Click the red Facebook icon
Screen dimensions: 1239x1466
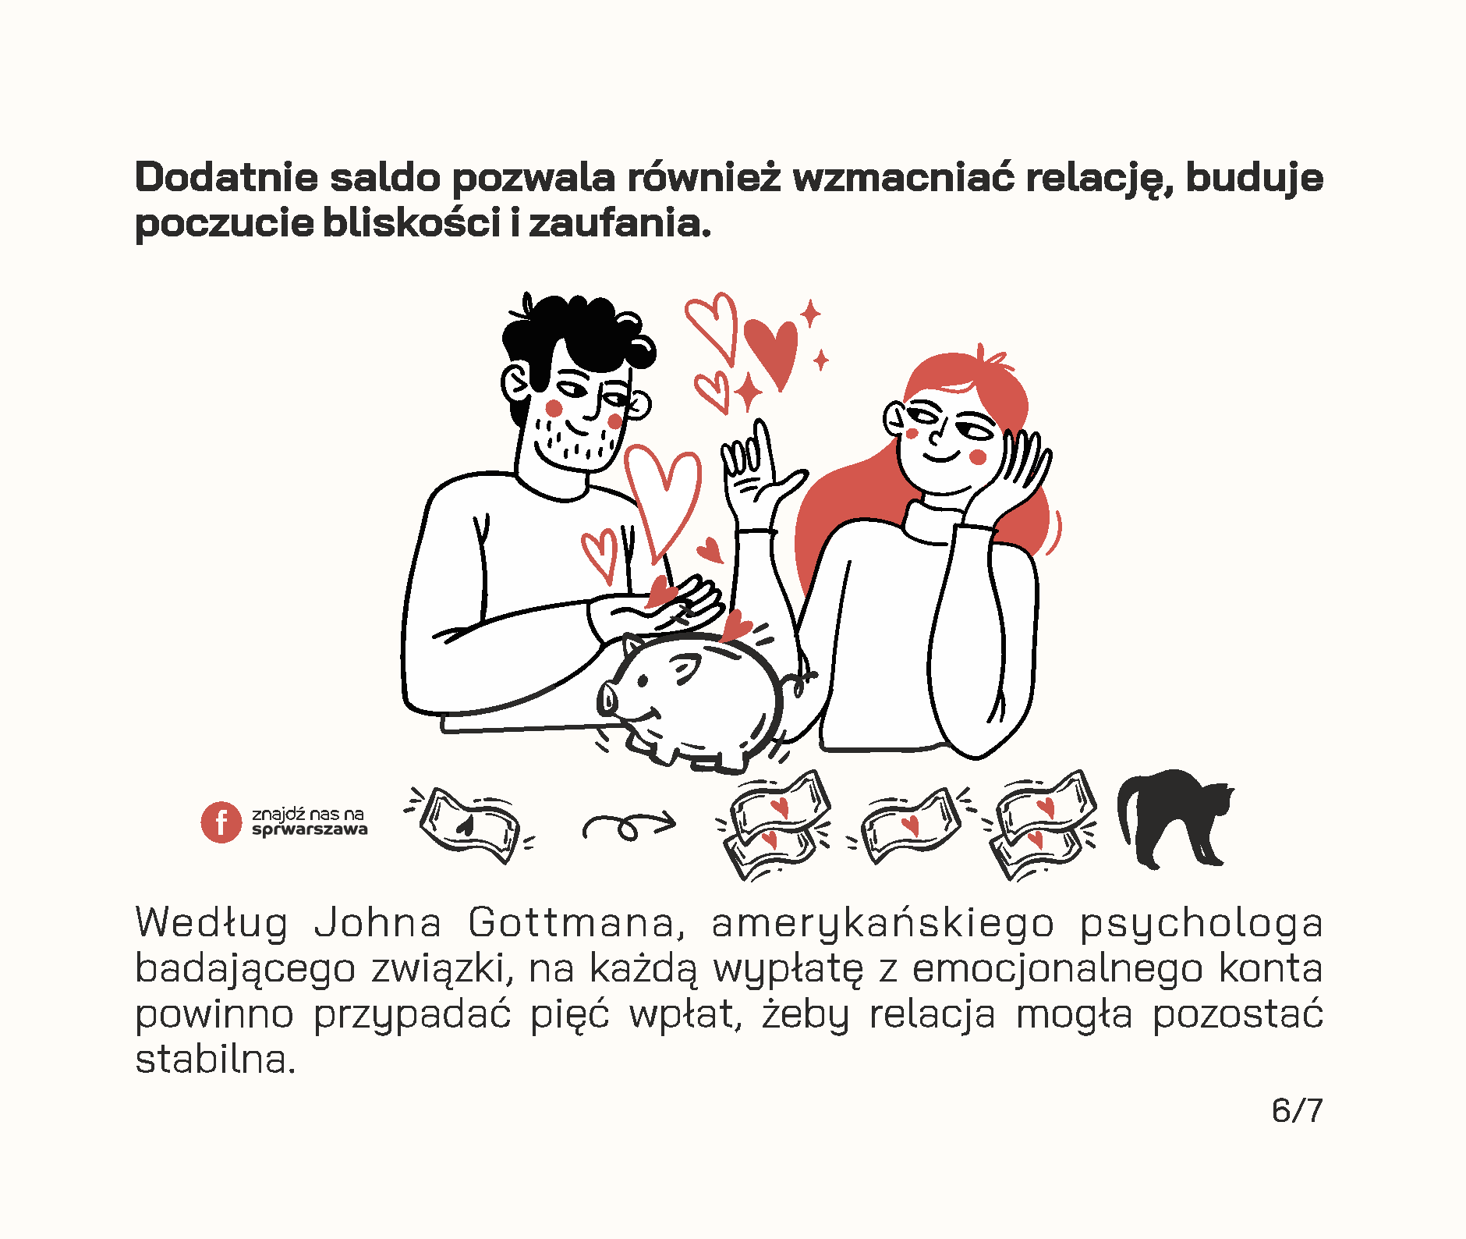click(x=221, y=822)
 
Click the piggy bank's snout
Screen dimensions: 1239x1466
click(x=608, y=697)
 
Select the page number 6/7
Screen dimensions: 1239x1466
click(x=1297, y=1109)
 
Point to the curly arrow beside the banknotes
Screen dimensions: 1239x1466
click(x=629, y=825)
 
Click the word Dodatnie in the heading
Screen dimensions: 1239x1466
click(x=226, y=177)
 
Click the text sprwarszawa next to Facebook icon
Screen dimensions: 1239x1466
click(x=310, y=830)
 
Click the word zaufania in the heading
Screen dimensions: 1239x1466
click(x=620, y=223)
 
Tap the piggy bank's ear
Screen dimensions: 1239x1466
click(x=684, y=669)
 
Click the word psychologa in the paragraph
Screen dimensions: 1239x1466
click(x=1201, y=924)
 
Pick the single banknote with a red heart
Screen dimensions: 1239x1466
click(x=909, y=825)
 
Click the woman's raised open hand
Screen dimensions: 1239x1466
click(x=752, y=476)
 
